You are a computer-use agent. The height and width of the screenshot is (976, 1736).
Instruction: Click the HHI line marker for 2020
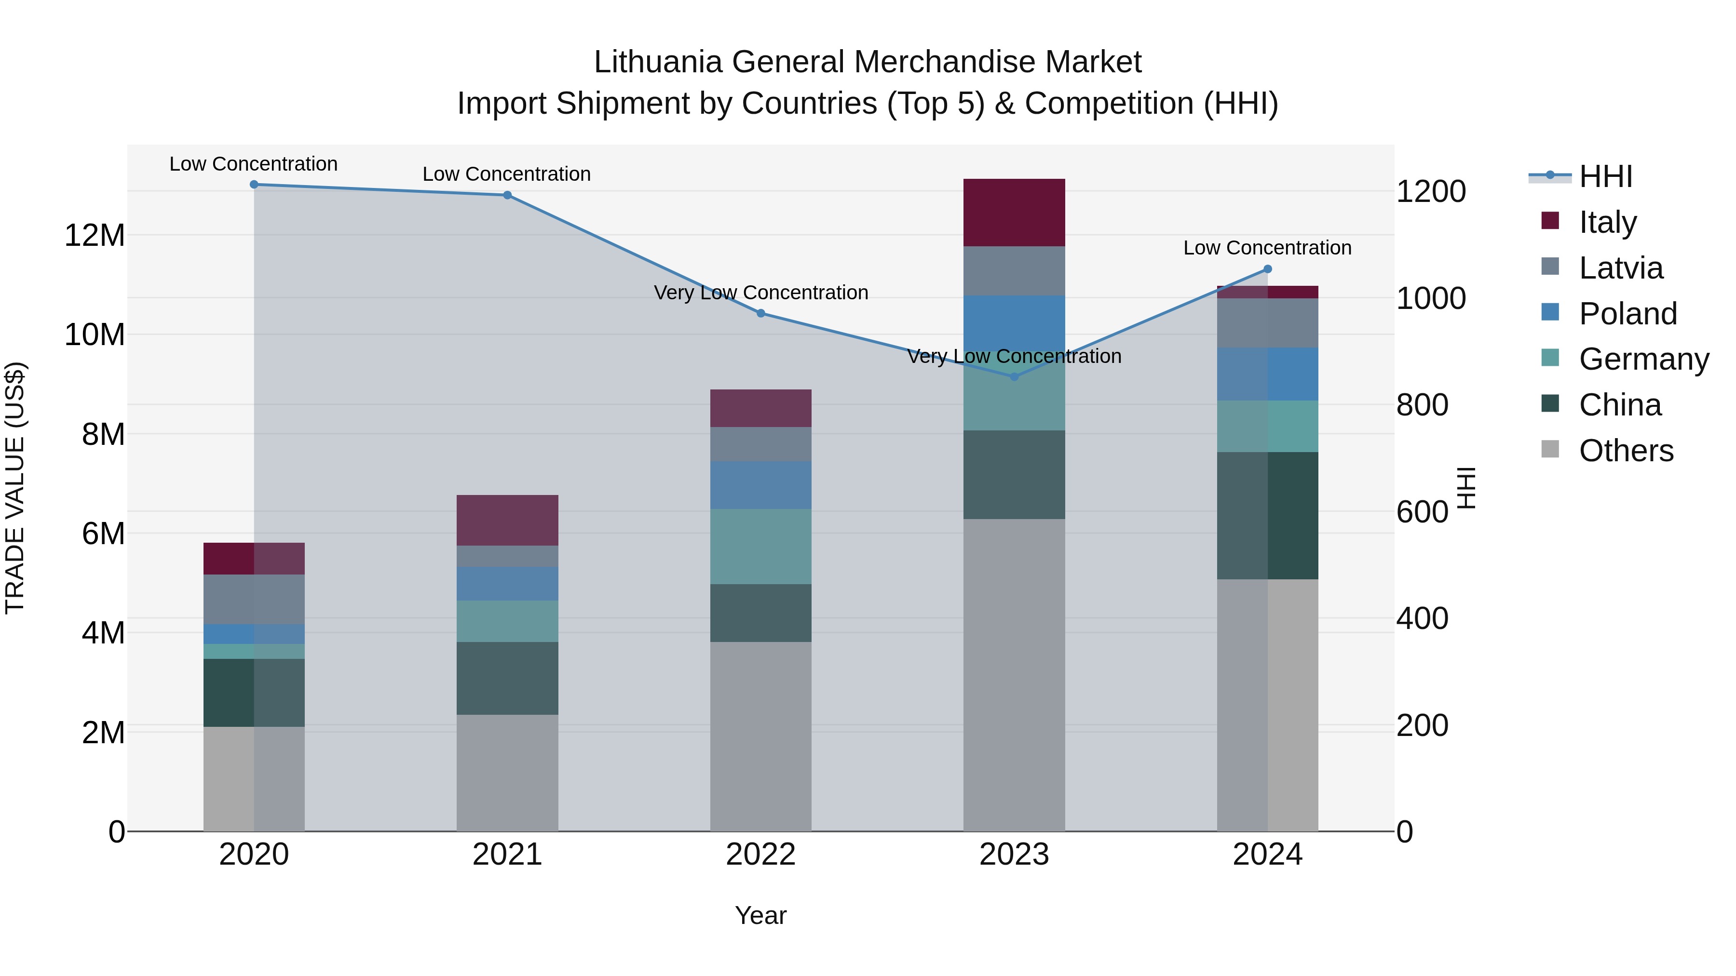point(254,185)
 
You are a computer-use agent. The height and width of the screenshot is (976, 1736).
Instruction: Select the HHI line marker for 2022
point(761,313)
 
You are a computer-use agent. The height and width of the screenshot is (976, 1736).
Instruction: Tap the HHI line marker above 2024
point(1268,269)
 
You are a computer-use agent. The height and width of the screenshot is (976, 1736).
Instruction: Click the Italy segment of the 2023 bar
point(1014,213)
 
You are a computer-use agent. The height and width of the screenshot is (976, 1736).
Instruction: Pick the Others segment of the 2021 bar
point(507,773)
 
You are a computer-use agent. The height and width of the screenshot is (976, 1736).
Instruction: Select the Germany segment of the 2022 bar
point(761,546)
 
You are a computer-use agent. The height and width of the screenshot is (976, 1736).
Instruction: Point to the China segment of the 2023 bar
point(1014,475)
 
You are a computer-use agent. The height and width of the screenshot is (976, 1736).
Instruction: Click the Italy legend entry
point(1607,222)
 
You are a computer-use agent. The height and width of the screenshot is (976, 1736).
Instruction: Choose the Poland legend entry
point(1627,314)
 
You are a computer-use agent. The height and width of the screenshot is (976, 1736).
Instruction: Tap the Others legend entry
point(1626,451)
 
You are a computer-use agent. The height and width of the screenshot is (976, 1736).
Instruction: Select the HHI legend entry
point(1605,176)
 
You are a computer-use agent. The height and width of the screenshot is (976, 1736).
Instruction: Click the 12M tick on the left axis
point(95,236)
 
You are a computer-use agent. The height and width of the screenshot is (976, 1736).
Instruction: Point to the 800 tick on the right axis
point(1422,405)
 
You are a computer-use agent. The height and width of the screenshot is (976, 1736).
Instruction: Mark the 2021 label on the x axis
point(507,855)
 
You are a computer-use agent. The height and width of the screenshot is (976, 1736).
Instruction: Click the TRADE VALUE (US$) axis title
point(15,488)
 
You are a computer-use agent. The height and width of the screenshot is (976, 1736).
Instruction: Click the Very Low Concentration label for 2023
point(1014,356)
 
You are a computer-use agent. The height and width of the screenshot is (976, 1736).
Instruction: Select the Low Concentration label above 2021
point(507,174)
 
